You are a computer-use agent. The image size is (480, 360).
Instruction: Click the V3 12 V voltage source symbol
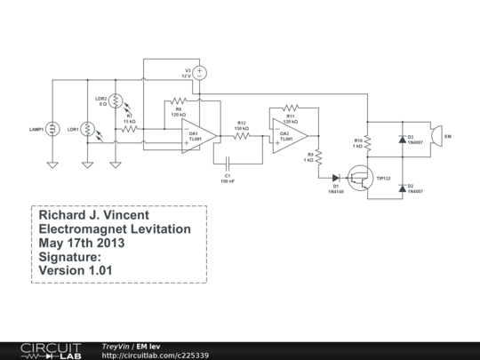(200, 72)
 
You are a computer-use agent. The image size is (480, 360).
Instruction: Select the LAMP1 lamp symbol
(52, 129)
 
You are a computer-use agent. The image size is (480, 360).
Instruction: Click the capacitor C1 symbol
(228, 164)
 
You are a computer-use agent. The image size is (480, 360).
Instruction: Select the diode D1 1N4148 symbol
(336, 176)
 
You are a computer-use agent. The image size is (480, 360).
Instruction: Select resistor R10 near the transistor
(368, 142)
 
